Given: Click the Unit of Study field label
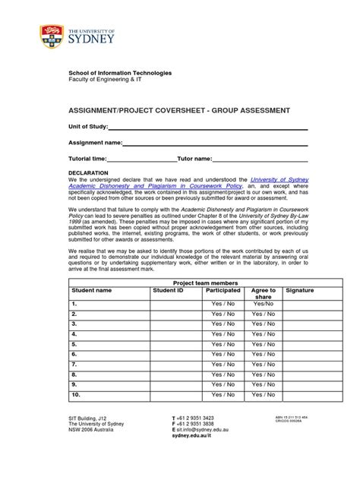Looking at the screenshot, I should point(88,127).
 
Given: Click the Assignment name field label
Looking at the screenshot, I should point(96,143).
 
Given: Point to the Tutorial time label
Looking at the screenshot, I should point(87,159).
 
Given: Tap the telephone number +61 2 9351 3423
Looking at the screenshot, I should point(196,418).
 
